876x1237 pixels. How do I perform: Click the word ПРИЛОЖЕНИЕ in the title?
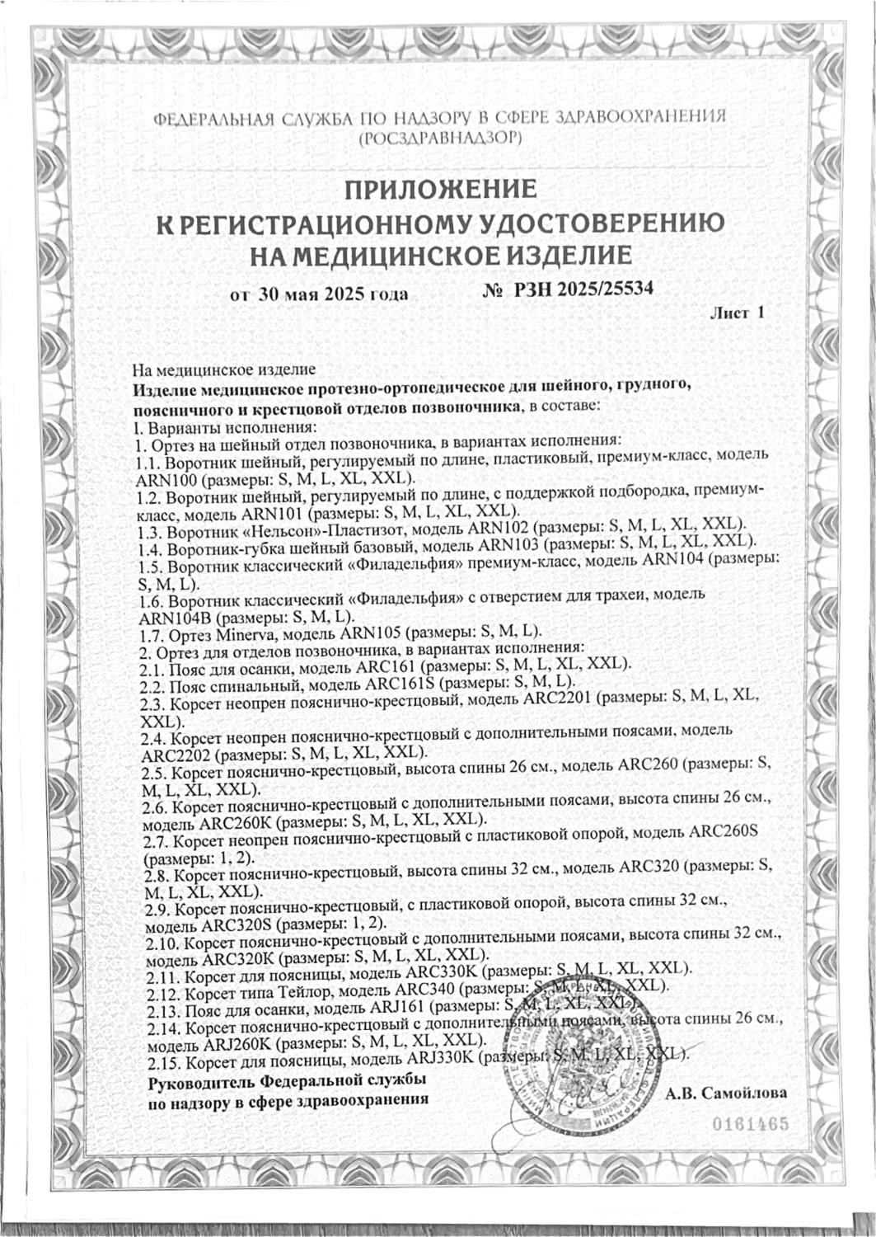[x=440, y=189]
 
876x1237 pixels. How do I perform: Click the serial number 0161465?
[x=751, y=1124]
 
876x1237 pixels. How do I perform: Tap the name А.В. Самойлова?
[x=726, y=1093]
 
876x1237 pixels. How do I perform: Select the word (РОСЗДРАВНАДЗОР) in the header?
[x=440, y=137]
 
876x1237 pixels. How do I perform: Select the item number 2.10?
[x=161, y=939]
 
